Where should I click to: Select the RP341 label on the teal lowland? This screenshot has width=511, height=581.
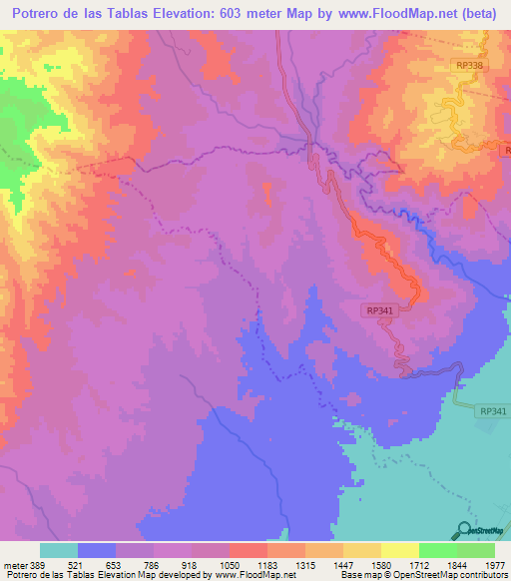coord(493,410)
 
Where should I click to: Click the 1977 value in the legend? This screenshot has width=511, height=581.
coord(494,565)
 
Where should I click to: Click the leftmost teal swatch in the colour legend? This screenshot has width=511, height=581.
coord(58,550)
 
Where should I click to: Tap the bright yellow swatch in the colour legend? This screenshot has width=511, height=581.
coord(399,550)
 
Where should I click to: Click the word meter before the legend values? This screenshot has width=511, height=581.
coord(13,565)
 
